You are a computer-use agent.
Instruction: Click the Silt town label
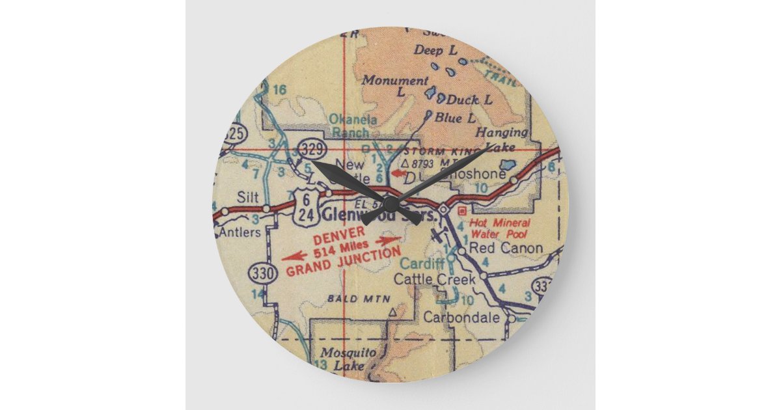(x=248, y=197)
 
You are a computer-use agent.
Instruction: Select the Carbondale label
(x=461, y=318)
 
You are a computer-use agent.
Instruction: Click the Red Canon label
(x=506, y=248)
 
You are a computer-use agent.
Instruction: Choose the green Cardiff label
(x=422, y=264)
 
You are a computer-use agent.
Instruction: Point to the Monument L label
(x=395, y=85)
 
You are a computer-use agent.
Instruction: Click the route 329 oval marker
(x=311, y=149)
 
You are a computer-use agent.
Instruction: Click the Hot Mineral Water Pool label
(x=500, y=228)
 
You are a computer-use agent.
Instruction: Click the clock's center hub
(x=390, y=203)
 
